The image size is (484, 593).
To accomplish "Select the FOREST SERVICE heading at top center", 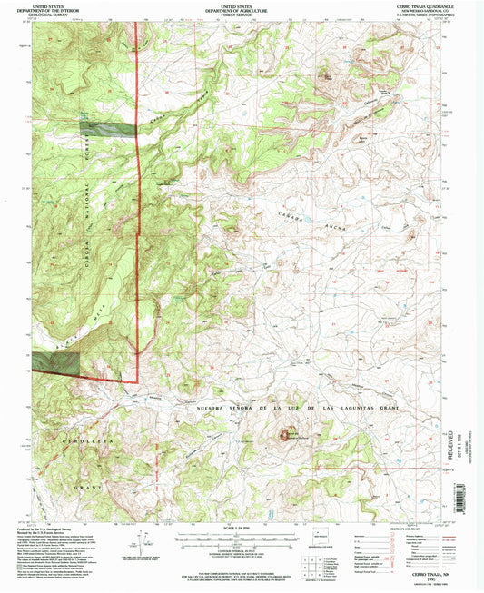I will point(242,15).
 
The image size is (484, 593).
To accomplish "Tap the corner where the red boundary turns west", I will point(137,381).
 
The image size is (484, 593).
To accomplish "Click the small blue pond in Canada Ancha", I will point(307,219).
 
